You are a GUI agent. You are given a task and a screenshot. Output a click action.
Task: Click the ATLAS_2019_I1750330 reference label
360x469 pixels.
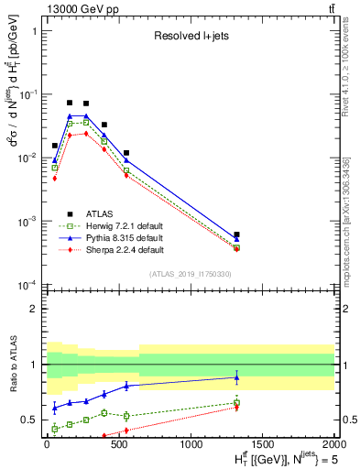point(190,274)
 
